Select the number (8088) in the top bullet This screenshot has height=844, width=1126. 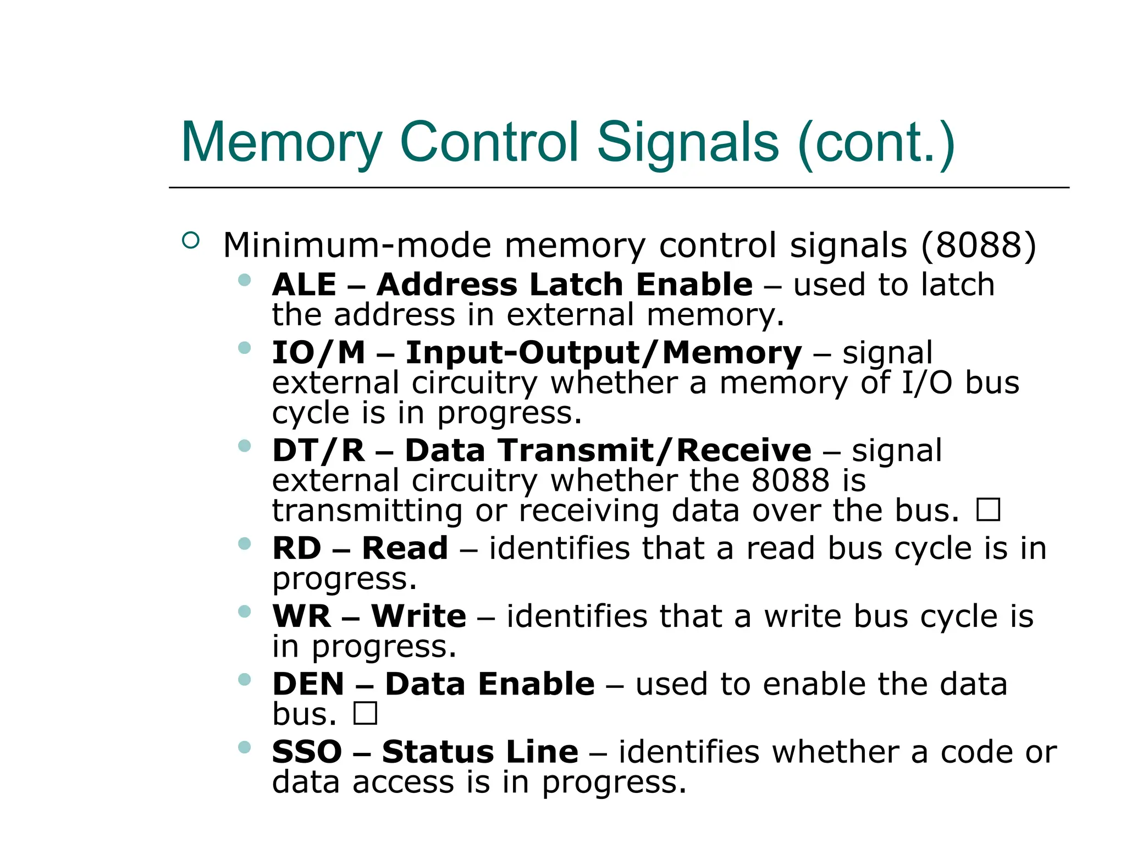click(979, 245)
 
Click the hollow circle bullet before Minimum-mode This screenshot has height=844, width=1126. click(190, 241)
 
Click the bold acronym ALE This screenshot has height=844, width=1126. click(304, 285)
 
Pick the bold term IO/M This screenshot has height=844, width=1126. click(319, 353)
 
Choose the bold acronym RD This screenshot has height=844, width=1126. click(297, 548)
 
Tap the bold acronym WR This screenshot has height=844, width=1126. click(302, 616)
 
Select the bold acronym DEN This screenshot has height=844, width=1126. click(308, 684)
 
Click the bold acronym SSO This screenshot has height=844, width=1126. click(307, 752)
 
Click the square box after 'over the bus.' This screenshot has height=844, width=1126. click(988, 509)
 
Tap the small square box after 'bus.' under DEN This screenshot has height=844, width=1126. click(365, 713)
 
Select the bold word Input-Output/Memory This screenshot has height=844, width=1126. click(603, 353)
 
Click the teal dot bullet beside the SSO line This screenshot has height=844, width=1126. click(245, 747)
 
